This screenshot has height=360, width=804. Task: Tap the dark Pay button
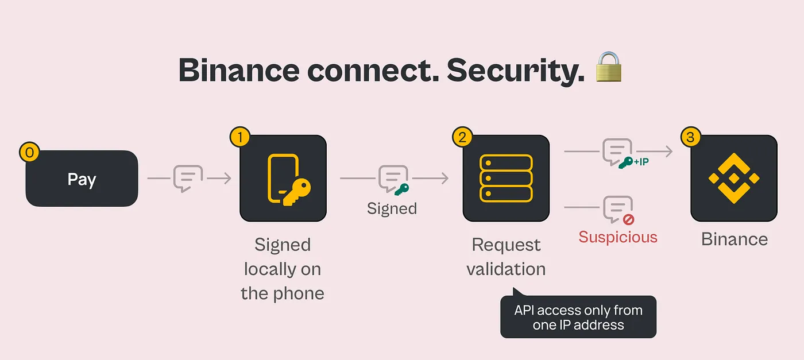(82, 179)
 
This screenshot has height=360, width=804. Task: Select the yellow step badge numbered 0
(29, 152)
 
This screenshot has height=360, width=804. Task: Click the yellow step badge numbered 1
(239, 137)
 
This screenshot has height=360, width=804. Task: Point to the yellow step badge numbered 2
(462, 137)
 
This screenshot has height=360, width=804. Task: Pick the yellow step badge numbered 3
(690, 137)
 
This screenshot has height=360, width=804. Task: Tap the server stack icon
(506, 177)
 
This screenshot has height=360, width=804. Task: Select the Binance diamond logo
(733, 178)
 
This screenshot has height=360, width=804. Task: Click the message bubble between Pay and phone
(188, 178)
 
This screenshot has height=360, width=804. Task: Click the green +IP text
(641, 162)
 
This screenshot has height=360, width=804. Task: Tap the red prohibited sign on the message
(628, 219)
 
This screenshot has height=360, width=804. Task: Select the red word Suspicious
(617, 237)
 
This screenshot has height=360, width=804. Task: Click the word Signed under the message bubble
(392, 208)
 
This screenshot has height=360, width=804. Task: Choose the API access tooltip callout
(578, 317)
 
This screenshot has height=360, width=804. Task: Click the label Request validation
(506, 257)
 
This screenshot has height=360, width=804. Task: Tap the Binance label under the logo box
(734, 239)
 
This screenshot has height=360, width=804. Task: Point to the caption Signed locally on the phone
(283, 269)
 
